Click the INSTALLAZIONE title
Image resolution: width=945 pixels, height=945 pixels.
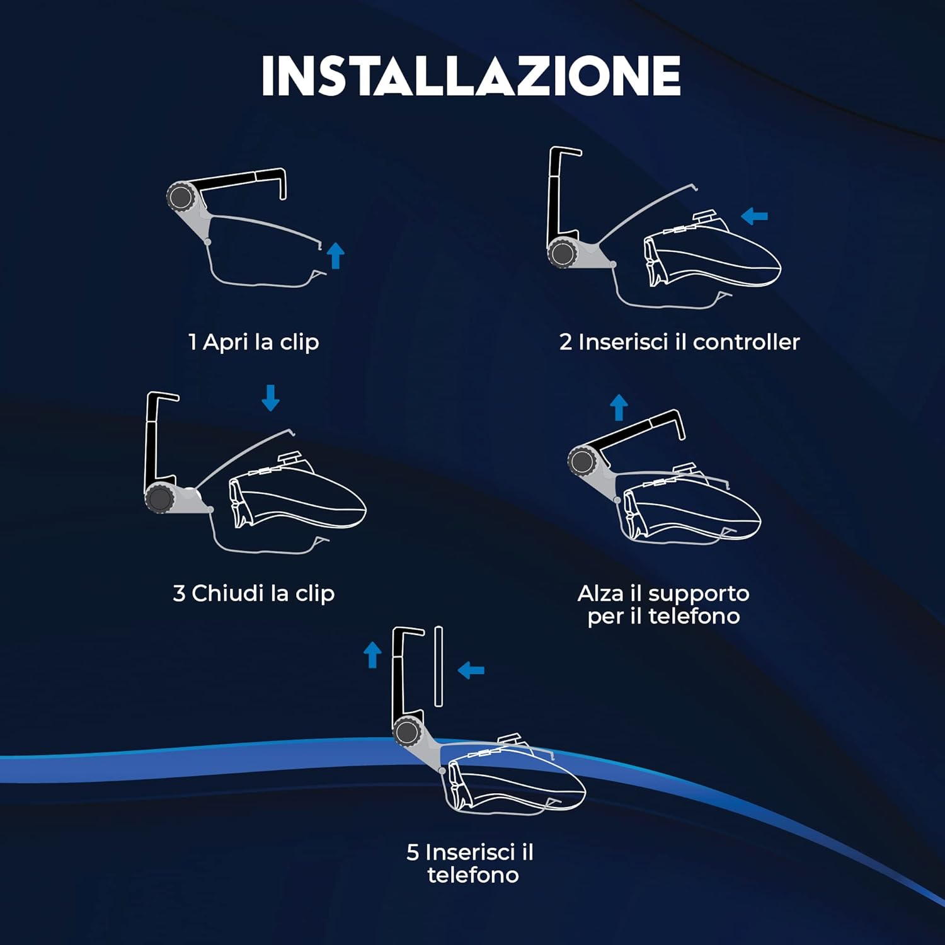pos(471,76)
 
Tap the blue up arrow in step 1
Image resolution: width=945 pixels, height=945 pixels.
pos(336,255)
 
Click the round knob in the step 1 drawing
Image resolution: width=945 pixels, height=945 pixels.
pos(181,197)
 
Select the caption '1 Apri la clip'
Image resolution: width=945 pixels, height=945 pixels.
pos(254,342)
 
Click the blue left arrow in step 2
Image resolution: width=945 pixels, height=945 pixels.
pos(754,217)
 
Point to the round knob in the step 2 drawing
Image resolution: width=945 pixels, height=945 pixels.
pos(561,254)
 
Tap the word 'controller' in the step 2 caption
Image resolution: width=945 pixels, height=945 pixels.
pos(746,342)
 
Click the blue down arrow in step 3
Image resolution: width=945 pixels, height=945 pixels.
pos(271,398)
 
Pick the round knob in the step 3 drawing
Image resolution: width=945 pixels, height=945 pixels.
pos(159,499)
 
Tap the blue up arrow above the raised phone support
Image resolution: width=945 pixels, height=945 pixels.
pos(619,407)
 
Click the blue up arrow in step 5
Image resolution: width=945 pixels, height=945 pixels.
pos(373,655)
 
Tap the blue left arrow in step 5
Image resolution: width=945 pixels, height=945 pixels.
pos(471,670)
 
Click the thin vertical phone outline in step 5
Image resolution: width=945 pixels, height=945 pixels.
pos(438,666)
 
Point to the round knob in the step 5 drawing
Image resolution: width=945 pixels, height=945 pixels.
pos(406,733)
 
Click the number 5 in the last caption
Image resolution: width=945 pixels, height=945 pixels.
pos(413,852)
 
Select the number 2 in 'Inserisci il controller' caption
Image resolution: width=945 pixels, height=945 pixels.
pos(566,342)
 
